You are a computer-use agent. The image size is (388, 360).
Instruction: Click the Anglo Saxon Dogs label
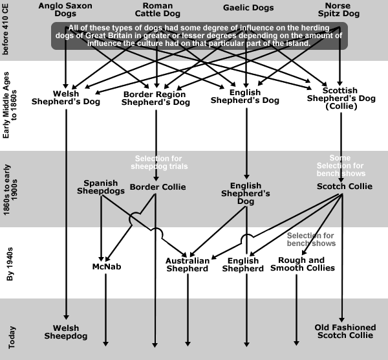tap(65, 10)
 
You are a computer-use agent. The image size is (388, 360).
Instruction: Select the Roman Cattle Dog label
tap(158, 10)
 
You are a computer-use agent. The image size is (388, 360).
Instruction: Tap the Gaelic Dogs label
tap(248, 8)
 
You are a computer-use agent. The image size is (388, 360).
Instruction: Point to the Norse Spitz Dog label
tap(338, 10)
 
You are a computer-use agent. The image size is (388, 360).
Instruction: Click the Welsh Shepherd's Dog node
tap(66, 98)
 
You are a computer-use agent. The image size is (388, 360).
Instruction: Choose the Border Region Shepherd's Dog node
tap(156, 98)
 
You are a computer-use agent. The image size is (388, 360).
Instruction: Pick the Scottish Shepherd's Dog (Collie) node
tap(341, 98)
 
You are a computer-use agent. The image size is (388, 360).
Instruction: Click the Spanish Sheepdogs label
tap(101, 187)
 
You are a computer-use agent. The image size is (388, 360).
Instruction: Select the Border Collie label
tap(158, 187)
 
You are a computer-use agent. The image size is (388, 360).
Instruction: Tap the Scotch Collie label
tap(345, 186)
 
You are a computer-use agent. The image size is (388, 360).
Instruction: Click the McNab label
tap(107, 267)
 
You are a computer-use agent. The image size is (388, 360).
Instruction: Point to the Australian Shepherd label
tap(188, 265)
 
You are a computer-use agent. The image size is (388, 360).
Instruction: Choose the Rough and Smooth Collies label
tap(303, 264)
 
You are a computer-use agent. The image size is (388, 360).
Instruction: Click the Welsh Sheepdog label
tap(66, 332)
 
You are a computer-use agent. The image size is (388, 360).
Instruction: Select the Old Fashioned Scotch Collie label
tap(345, 332)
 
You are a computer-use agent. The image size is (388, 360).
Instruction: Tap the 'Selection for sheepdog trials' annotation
tap(159, 163)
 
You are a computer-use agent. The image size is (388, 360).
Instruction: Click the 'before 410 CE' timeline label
tap(5, 29)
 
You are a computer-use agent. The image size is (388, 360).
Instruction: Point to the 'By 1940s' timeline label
tap(10, 264)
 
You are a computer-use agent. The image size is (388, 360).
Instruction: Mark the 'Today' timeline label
tap(12, 337)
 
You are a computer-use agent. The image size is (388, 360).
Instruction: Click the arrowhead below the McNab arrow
tap(105, 344)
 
